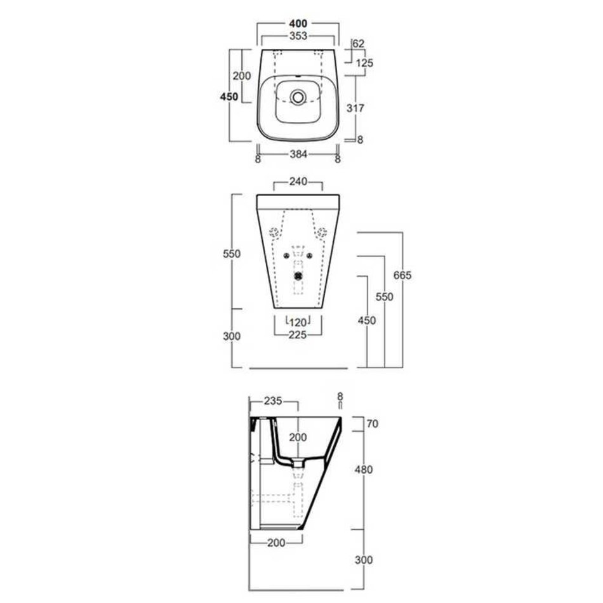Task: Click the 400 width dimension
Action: click(298, 24)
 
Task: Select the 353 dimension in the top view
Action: click(298, 36)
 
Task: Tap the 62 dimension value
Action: click(358, 43)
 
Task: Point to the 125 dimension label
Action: click(364, 63)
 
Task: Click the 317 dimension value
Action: click(355, 108)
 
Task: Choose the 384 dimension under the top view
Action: click(298, 154)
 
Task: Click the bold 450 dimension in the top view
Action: click(229, 96)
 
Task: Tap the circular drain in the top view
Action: click(298, 96)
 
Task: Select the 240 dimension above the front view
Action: click(298, 181)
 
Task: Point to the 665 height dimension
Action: click(402, 275)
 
